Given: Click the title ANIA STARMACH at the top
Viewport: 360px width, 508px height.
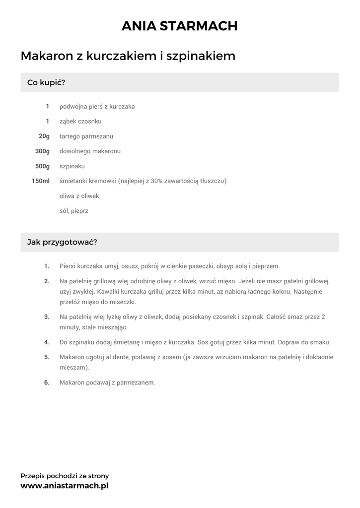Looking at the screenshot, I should [x=180, y=26].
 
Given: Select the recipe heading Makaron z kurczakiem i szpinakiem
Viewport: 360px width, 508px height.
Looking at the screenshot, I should [x=128, y=56].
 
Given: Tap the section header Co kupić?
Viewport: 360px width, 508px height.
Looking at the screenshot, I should [x=46, y=82].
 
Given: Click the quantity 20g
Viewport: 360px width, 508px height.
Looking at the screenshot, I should [x=44, y=136].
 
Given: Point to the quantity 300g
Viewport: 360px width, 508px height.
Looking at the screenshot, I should [x=42, y=151].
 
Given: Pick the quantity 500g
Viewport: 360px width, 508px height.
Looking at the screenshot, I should [x=42, y=166].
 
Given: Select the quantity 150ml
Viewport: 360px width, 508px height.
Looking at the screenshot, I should [x=41, y=181].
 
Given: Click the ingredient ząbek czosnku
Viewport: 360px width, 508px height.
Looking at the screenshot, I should [x=80, y=122].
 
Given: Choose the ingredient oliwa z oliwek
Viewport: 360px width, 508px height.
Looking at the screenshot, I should [x=79, y=196].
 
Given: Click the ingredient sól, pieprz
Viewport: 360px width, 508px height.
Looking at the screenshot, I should [x=73, y=211].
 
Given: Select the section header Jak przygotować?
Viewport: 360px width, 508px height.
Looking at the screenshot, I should [x=62, y=243].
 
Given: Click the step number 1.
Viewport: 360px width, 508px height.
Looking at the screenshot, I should [x=47, y=266].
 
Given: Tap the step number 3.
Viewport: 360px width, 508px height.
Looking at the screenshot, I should [x=47, y=317].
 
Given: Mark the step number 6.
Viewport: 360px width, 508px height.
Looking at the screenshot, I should [x=47, y=382].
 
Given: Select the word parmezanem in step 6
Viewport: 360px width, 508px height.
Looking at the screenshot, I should [x=136, y=382].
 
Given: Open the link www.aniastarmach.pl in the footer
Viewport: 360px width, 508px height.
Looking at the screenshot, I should [x=64, y=486].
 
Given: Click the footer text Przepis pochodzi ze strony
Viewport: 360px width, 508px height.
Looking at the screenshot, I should [x=65, y=476].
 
